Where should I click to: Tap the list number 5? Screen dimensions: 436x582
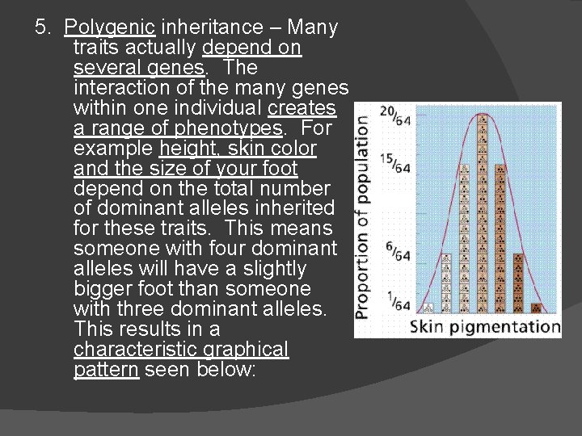[42, 27]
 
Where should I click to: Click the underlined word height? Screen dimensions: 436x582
[183, 149]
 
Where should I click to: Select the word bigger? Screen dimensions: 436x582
[105, 289]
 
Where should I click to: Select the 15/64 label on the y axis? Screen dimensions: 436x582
[394, 163]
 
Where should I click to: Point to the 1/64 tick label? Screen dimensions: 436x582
[397, 300]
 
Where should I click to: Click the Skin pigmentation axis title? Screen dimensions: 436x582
[483, 327]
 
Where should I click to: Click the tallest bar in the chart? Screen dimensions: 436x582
[483, 214]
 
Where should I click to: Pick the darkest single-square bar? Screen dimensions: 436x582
[536, 307]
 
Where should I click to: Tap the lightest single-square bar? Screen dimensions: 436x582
[428, 307]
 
